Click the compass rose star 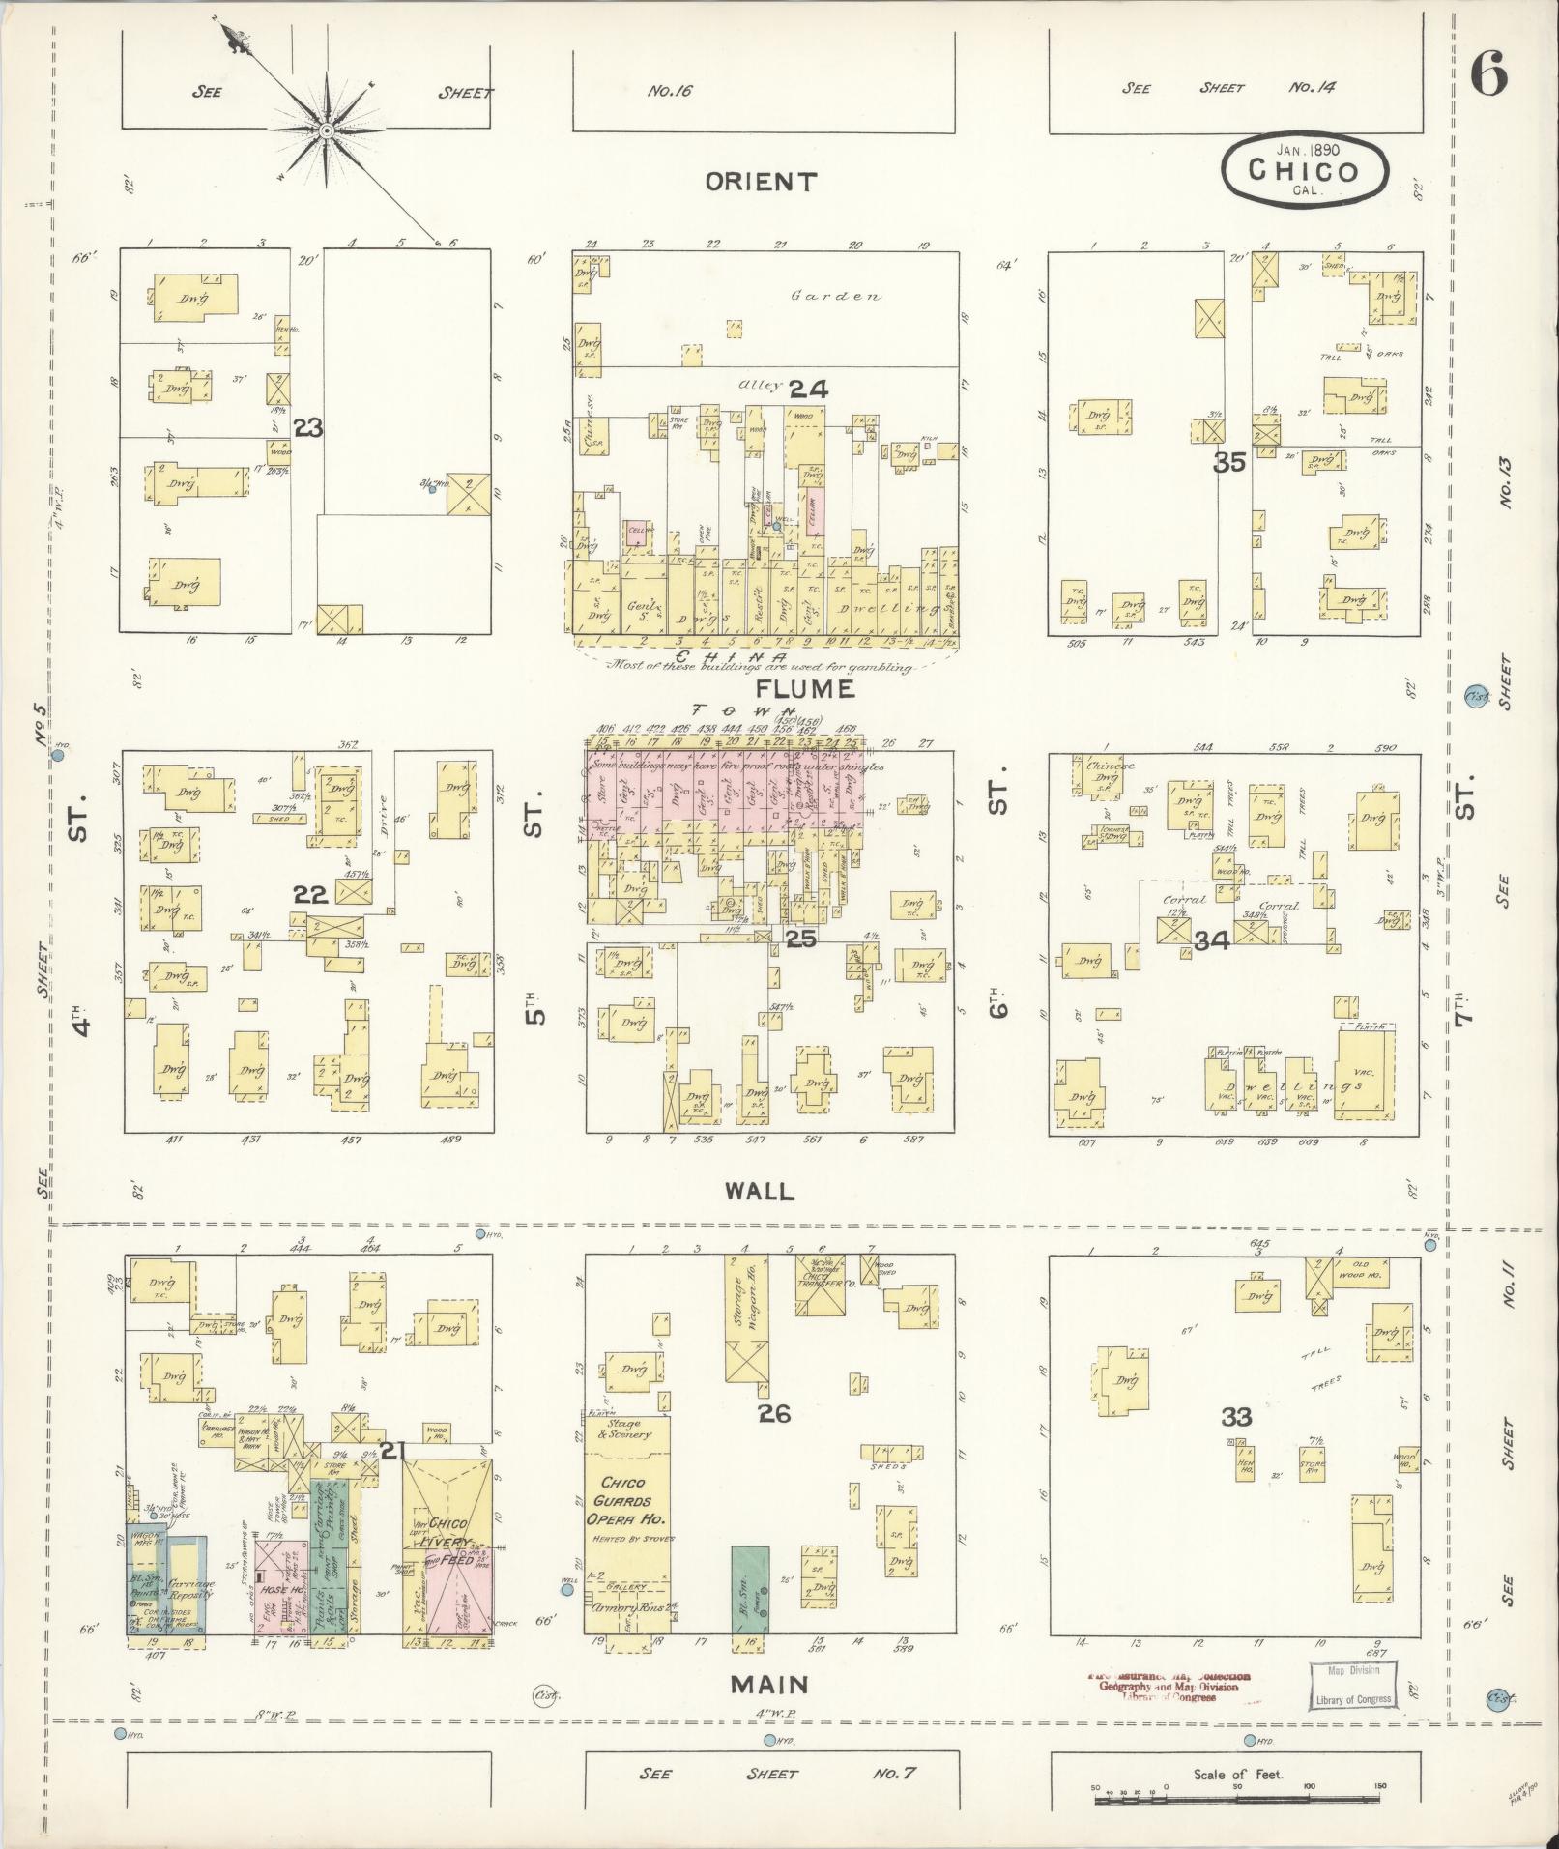click(x=328, y=129)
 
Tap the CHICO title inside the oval click(x=1304, y=171)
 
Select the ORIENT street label click(x=762, y=182)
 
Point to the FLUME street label click(x=792, y=688)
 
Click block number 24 click(x=808, y=390)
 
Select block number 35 click(x=1229, y=463)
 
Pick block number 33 click(x=1236, y=1417)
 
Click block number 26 click(x=774, y=1413)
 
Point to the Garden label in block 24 click(x=836, y=296)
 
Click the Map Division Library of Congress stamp click(x=1352, y=1685)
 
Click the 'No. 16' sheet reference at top click(x=671, y=92)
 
